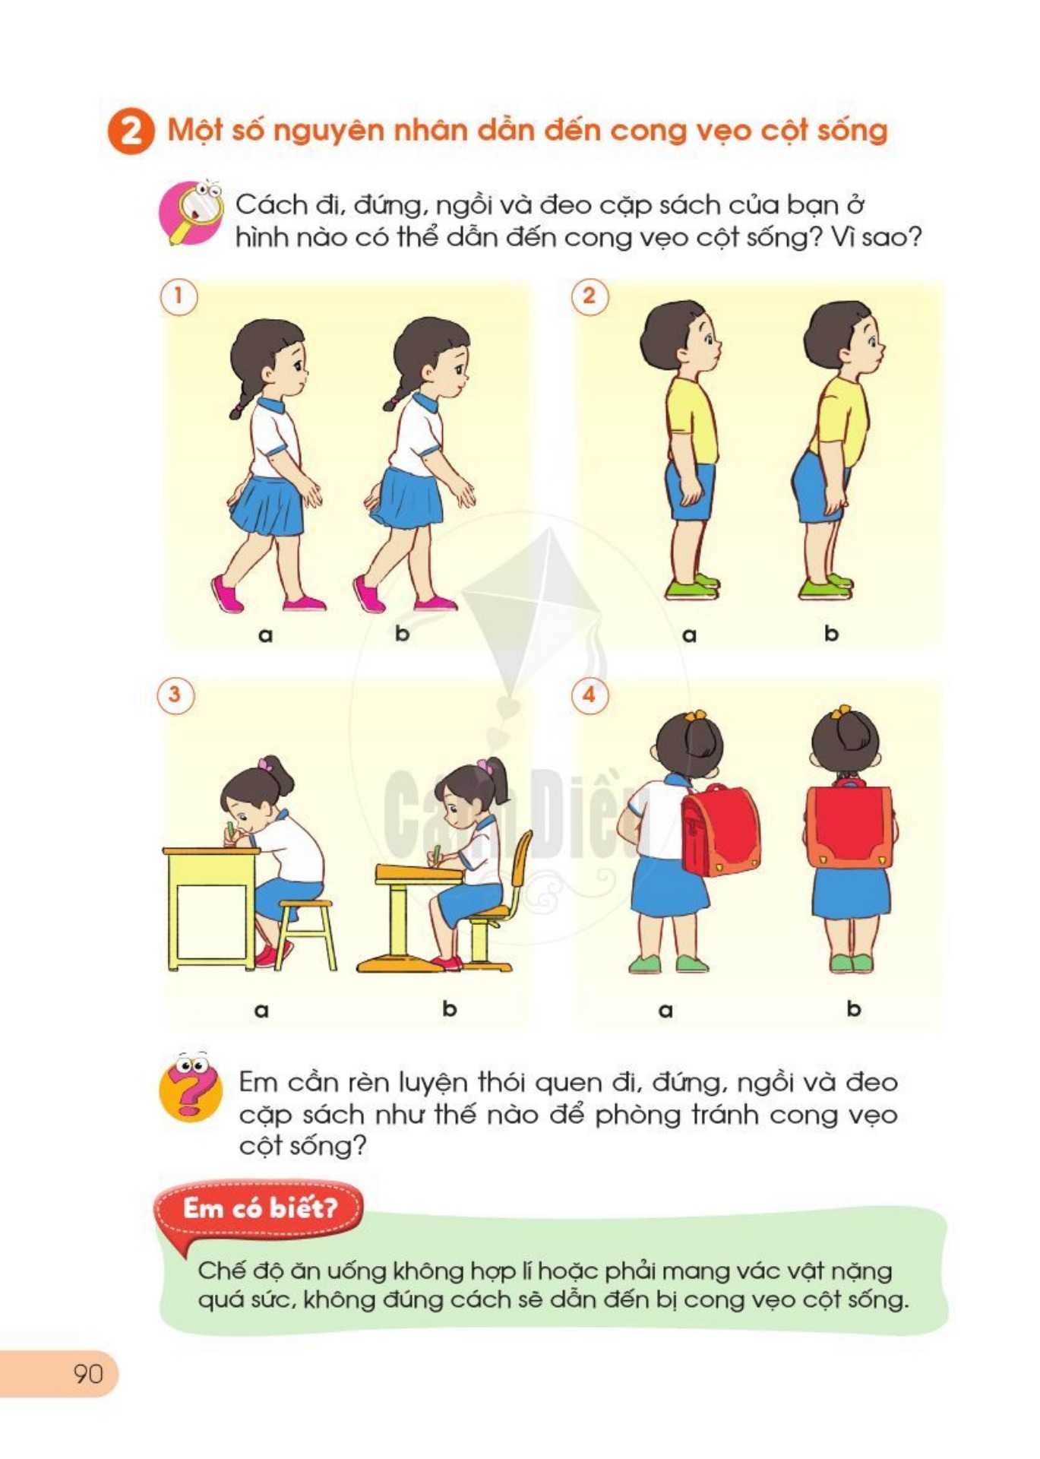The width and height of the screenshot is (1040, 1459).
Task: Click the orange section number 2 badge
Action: click(131, 131)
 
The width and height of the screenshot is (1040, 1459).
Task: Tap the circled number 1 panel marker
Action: click(179, 296)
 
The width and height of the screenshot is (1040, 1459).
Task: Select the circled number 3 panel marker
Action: click(175, 695)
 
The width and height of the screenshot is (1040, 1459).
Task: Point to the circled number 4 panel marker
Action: click(589, 695)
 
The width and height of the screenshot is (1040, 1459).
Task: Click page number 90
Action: click(88, 1373)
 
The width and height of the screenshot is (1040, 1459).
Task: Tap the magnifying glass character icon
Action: click(191, 213)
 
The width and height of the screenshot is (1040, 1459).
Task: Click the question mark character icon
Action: click(190, 1087)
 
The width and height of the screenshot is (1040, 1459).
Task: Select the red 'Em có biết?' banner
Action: click(259, 1207)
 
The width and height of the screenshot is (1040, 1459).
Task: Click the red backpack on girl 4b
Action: click(849, 826)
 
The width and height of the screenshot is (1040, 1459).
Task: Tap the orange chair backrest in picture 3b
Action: click(522, 859)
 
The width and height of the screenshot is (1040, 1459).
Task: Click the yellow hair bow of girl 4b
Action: click(840, 712)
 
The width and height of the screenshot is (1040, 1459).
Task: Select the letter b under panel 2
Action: click(831, 633)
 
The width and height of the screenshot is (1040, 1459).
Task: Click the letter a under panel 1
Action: click(265, 635)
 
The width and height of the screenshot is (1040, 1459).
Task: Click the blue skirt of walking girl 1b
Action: click(410, 498)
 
